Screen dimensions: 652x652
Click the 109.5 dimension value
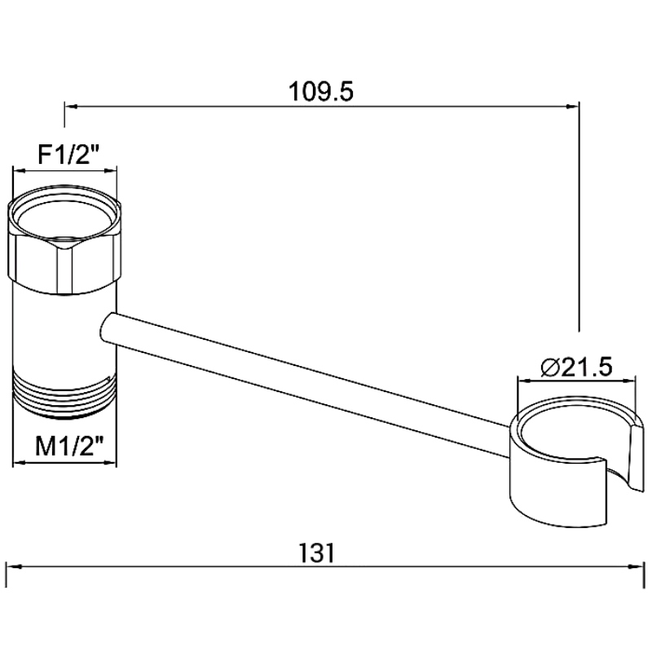(320, 91)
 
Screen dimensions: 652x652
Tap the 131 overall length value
(316, 553)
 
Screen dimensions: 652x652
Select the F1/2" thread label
(69, 155)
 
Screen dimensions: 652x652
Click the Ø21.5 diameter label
(576, 367)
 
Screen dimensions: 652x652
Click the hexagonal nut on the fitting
(64, 241)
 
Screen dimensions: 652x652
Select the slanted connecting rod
(306, 385)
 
